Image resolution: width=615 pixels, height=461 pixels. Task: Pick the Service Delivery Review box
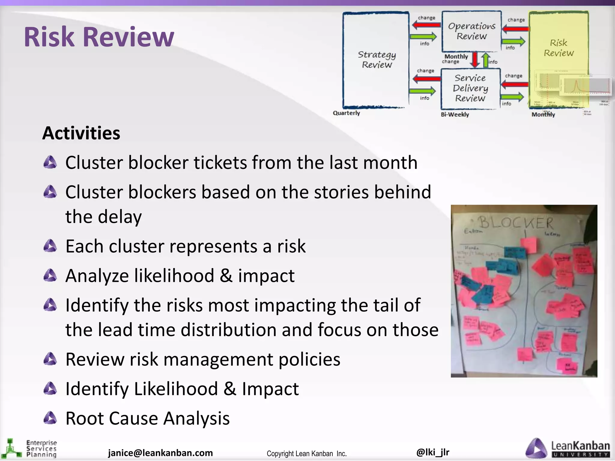click(x=470, y=88)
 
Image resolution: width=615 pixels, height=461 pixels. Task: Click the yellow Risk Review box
click(x=559, y=48)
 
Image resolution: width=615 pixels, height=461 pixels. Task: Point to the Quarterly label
click(x=346, y=113)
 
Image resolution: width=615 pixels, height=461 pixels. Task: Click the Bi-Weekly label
click(x=455, y=115)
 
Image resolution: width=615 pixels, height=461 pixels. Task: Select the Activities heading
click(x=81, y=133)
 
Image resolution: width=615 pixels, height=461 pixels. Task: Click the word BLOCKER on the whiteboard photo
click(x=515, y=223)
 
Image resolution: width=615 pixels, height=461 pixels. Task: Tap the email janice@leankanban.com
click(x=160, y=453)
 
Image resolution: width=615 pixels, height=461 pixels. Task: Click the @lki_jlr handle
click(x=433, y=452)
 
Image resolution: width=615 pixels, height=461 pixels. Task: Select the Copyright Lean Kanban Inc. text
click(x=307, y=453)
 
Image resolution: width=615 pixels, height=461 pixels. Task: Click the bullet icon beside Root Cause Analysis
click(x=50, y=418)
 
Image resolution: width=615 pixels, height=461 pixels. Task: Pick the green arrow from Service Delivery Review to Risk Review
click(x=512, y=97)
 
